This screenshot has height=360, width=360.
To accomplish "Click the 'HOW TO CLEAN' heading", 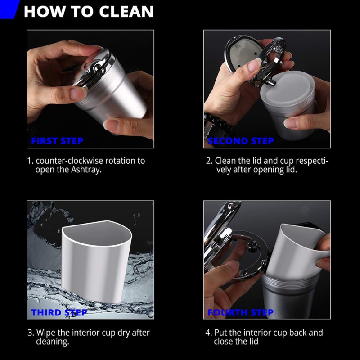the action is [x=89, y=11].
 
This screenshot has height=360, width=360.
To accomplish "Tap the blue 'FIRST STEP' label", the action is [x=57, y=141].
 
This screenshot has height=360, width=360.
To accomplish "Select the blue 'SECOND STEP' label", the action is [x=241, y=141].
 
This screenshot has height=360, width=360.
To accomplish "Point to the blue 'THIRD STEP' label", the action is [x=59, y=312].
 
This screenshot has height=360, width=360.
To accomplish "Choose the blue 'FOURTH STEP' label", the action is [x=240, y=312].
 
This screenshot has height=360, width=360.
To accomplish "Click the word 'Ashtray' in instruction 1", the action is [x=85, y=170].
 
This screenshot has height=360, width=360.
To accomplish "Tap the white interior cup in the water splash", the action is [x=96, y=261].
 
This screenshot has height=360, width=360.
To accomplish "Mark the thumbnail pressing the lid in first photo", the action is [x=78, y=94].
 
